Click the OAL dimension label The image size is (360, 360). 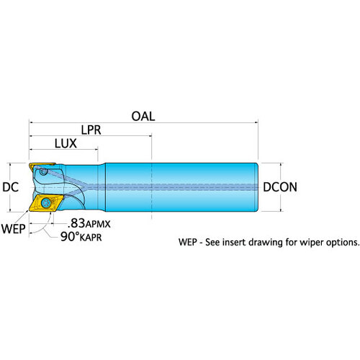tap(143, 117)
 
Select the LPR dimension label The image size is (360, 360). tap(91, 130)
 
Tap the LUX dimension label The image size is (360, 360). tap(66, 143)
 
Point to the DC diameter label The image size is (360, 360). tap(10, 187)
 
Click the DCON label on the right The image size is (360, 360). tap(280, 187)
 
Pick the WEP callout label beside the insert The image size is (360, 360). tap(14, 229)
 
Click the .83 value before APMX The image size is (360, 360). tap(76, 223)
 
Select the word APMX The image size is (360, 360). tap(98, 225)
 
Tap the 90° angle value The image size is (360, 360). tap(70, 236)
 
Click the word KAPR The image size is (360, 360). tap(91, 238)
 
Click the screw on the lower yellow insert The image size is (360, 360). tap(45, 203)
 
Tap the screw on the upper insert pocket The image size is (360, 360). tap(43, 171)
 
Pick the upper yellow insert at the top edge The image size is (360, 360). tap(41, 166)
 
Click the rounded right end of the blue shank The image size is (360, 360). tap(256, 187)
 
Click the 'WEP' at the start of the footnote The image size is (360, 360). tap(188, 242)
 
